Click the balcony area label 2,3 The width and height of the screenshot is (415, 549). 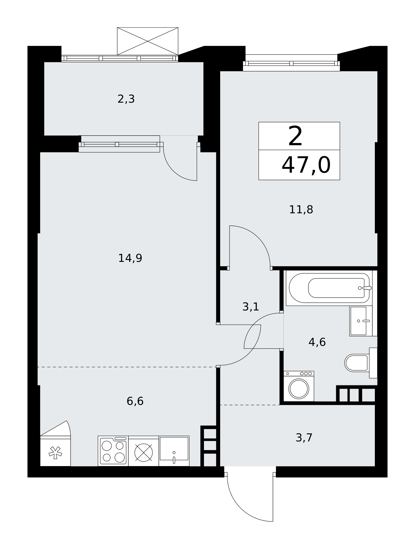coord(126,99)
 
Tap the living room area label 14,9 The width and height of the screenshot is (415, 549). coord(130,258)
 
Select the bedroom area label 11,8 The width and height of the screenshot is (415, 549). coord(301,209)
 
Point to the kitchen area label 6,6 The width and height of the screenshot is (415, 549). coord(135,401)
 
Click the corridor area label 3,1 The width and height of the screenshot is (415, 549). coord(251,307)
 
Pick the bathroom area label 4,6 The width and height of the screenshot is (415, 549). coord(317,342)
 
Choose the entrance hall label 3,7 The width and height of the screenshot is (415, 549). coord(304,438)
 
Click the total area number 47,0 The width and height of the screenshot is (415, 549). coord(306,165)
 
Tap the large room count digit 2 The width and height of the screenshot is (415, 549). coord(295,136)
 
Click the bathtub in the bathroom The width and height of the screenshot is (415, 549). coord(329,288)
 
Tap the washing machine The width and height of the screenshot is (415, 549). coord(299,386)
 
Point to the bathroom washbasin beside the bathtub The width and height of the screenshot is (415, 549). coord(361,321)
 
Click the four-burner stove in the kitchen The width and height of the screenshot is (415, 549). coord(113,451)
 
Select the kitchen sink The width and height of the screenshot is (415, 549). coord(174,451)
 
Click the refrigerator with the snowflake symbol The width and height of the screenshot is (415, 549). coord(55,451)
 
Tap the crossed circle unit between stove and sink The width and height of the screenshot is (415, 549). coord(143,451)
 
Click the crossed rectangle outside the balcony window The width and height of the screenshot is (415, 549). coord(148,41)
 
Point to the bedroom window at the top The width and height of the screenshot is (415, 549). coord(291,63)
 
